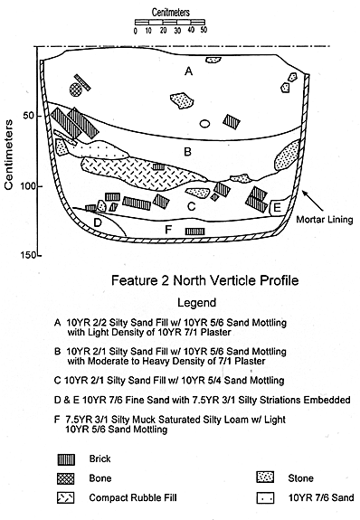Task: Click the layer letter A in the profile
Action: pos(188,71)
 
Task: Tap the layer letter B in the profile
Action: pos(187,152)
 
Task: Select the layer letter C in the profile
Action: pos(191,206)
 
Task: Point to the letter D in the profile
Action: pos(97,222)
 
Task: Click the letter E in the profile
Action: pos(277,208)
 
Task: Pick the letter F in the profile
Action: pos(168,230)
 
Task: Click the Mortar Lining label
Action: pos(324,220)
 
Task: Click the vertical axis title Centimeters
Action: pos(9,155)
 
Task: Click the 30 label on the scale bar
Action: pos(177,30)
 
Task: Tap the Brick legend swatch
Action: pos(66,459)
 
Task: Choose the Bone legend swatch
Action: pos(66,478)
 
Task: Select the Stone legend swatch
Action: pos(265,477)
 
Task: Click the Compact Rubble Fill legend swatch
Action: pos(66,497)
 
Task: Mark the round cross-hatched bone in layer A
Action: pos(76,90)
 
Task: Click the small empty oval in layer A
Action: pos(204,124)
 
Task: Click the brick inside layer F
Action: pos(195,232)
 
